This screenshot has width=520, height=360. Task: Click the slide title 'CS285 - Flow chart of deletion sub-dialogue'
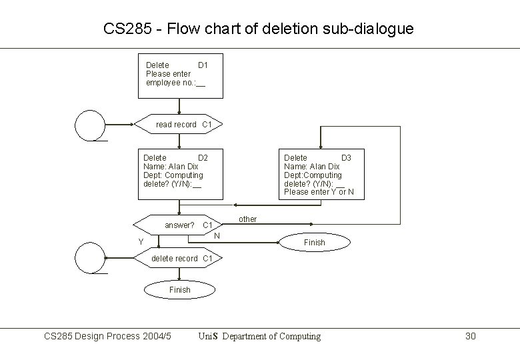point(259,29)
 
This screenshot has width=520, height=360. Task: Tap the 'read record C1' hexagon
point(179,125)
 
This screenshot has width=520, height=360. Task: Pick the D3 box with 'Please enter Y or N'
point(320,174)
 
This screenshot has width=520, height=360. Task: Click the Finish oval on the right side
point(314,242)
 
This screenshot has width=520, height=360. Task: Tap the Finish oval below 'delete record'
point(179,289)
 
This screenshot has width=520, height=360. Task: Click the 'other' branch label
point(247,219)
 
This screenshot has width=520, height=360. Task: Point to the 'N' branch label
point(217,235)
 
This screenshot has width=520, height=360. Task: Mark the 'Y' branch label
point(141,241)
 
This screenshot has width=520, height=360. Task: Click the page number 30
point(470,336)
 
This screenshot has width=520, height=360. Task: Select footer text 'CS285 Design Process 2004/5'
point(107,336)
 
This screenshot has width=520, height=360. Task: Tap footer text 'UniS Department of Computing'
point(259,336)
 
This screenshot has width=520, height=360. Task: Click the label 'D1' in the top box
point(203,65)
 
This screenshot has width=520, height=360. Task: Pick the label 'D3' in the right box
point(346,157)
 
